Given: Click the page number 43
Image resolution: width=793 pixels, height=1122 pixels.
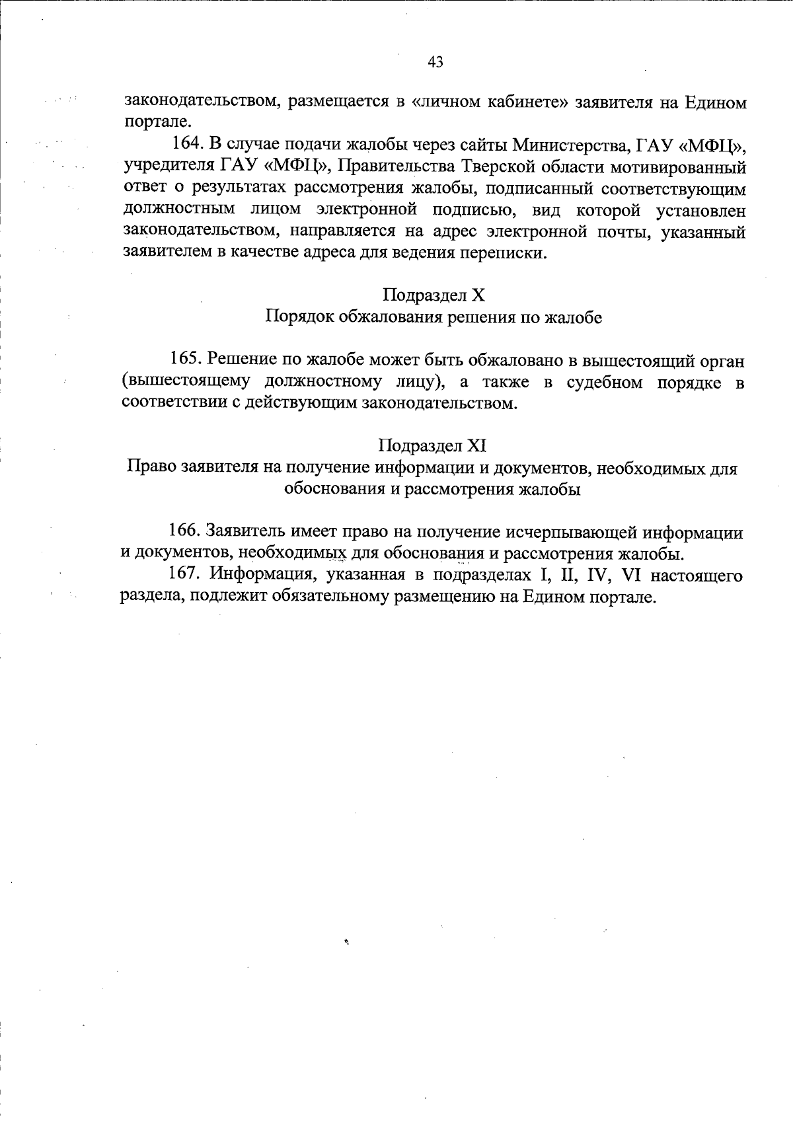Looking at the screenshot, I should coord(435,62).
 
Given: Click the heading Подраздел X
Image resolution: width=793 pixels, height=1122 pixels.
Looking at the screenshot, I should coord(434,295).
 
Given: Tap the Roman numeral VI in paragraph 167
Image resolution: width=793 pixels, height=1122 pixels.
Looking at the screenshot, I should coord(632,575).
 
